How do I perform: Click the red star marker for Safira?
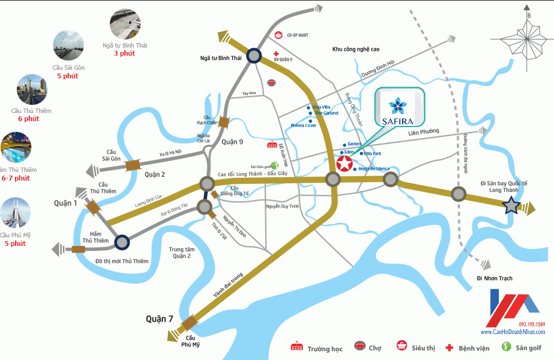343,164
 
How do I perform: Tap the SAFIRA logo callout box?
400,107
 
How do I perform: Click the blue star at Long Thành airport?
511,206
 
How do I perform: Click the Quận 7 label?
160,319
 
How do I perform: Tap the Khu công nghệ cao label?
355,49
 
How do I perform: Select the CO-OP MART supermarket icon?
279,35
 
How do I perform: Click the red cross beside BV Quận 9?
276,54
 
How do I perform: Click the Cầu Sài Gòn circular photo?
68,45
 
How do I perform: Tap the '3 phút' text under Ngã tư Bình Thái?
124,54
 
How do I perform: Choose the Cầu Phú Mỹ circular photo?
15,213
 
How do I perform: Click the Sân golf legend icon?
506,347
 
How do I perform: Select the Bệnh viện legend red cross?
449,348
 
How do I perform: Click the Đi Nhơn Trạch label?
494,278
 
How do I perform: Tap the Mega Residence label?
374,169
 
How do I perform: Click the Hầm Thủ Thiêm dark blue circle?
121,243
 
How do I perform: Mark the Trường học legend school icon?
296,347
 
